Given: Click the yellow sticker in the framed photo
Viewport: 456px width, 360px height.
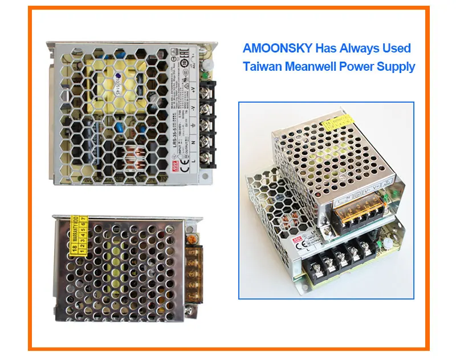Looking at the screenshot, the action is coord(333,122).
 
